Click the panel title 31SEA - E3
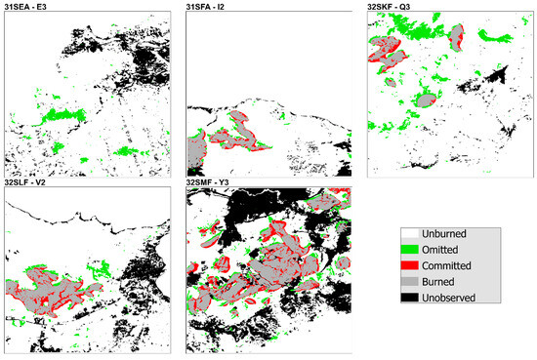click(29, 7)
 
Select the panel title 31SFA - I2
click(209, 7)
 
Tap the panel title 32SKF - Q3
click(390, 7)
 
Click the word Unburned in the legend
click(444, 234)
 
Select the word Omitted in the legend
click(442, 250)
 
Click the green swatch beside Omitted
click(410, 250)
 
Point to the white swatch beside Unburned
click(410, 234)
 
